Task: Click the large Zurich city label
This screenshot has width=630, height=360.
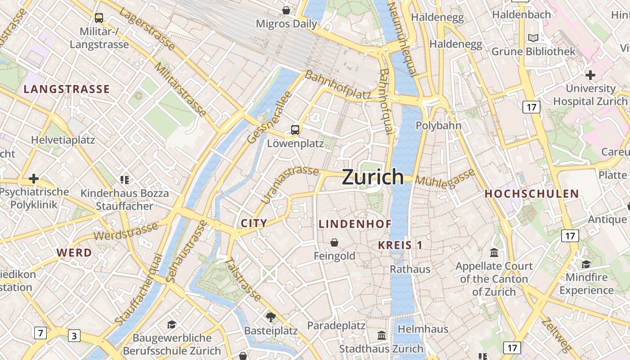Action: pos(373,177)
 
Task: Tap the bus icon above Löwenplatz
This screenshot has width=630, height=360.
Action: pos(295,130)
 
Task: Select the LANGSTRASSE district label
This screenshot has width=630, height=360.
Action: pos(67,89)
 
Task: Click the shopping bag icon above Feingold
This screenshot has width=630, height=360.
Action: pos(334,243)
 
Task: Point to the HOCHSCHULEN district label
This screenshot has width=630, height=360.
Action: pos(531,194)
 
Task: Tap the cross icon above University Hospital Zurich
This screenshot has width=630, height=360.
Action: pos(590,75)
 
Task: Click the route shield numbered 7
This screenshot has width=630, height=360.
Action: pos(40,333)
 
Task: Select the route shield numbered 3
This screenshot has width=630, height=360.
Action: pos(74,336)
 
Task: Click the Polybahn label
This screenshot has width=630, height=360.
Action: pos(438,126)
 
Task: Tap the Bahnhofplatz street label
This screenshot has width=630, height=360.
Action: pos(338,85)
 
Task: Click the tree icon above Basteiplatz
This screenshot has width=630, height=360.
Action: pos(270,317)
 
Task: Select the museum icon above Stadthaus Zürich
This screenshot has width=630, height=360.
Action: pos(382,335)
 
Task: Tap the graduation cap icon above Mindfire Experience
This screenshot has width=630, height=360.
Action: pos(586,264)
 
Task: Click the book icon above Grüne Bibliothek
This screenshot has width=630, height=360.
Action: pos(533,38)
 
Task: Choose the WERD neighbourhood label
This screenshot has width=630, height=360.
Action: pos(74,253)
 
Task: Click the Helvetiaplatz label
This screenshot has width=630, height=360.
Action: pos(63,140)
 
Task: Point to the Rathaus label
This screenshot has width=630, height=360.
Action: pos(410,269)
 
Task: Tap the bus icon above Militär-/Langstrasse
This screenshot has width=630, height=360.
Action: pos(99,18)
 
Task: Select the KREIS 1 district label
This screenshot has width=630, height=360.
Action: pos(400,245)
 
